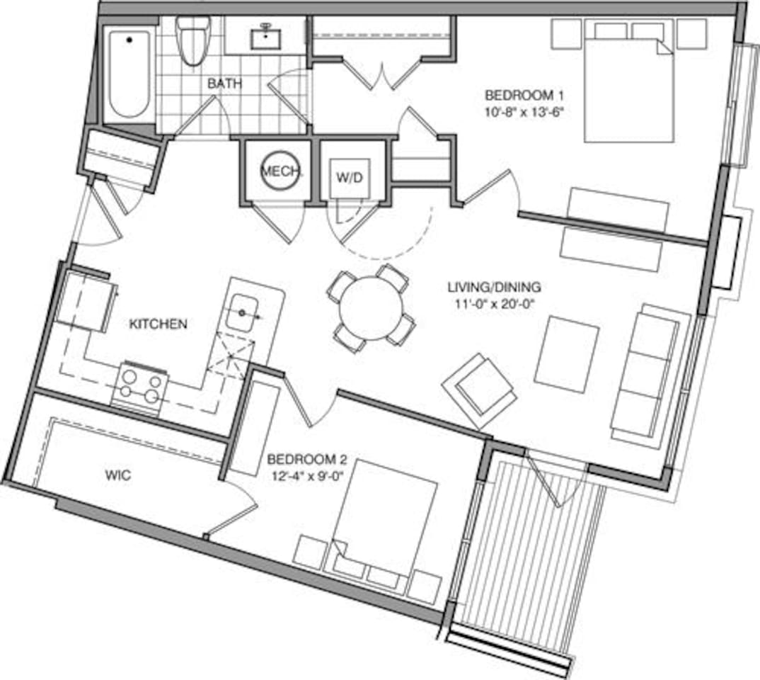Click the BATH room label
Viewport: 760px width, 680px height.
[x=224, y=84]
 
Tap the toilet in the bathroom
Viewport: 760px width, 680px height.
[x=193, y=41]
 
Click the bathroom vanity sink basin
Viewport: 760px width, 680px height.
[x=265, y=37]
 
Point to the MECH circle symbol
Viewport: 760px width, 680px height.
[x=281, y=171]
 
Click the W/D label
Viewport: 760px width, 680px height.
[x=350, y=178]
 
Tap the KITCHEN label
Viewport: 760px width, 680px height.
[x=158, y=324]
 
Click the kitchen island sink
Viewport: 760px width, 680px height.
[x=242, y=313]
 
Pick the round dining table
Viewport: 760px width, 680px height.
[x=371, y=308]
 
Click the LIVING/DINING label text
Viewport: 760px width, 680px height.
[x=494, y=287]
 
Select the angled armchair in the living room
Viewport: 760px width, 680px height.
[x=479, y=391]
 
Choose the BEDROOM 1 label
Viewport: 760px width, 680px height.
[x=525, y=94]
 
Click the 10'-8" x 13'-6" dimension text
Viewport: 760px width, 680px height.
[x=525, y=112]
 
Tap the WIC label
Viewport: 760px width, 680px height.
[x=117, y=475]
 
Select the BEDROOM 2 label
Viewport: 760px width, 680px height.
[x=307, y=458]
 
